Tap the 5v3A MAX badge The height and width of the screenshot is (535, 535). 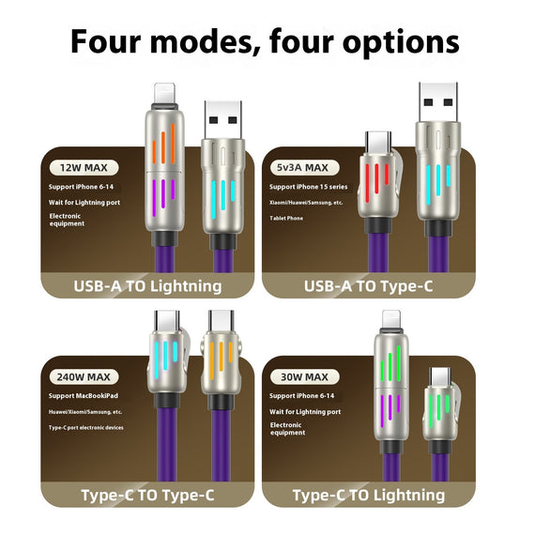click(x=303, y=168)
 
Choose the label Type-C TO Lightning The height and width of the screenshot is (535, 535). click(x=368, y=495)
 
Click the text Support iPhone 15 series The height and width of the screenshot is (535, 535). click(x=312, y=186)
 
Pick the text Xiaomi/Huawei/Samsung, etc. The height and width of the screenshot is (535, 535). click(x=311, y=202)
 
